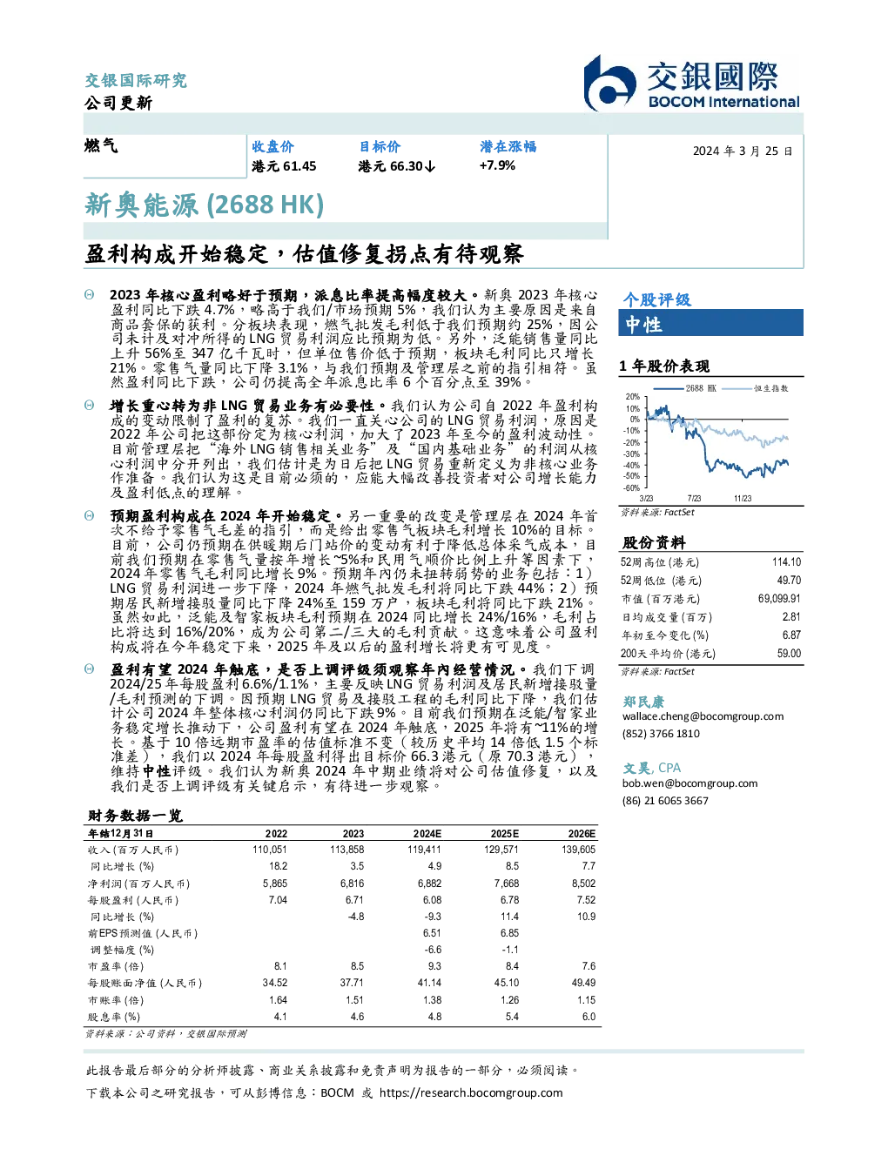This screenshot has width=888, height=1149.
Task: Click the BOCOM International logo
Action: tap(692, 83)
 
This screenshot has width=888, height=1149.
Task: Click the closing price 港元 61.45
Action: tap(284, 166)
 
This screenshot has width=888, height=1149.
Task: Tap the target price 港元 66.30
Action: tap(397, 166)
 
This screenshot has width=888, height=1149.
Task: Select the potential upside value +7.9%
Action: tap(497, 165)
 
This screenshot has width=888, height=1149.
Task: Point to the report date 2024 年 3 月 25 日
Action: tap(743, 151)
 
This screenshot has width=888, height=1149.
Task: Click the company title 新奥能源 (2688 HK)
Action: tap(204, 205)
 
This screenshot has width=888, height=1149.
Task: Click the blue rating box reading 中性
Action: tap(710, 323)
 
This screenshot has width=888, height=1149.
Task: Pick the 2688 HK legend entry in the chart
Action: tap(685, 388)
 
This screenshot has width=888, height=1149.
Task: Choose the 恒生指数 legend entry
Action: tap(756, 388)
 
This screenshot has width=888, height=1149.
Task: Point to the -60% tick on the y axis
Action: tap(632, 488)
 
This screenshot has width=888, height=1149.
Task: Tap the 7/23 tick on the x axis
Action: tap(694, 499)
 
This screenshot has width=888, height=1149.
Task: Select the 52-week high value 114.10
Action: tap(786, 562)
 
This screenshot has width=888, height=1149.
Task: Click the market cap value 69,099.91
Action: tap(779, 599)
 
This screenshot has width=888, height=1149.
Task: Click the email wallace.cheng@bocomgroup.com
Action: tap(703, 716)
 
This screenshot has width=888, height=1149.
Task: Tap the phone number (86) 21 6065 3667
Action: tap(665, 801)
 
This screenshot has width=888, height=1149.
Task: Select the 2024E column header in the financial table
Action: tap(427, 834)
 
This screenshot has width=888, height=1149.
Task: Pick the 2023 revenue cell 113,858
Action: tap(347, 850)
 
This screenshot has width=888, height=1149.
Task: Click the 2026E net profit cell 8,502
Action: tap(583, 883)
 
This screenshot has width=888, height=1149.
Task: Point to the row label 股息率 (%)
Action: tap(114, 1017)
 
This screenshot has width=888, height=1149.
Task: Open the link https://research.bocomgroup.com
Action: tap(471, 1093)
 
